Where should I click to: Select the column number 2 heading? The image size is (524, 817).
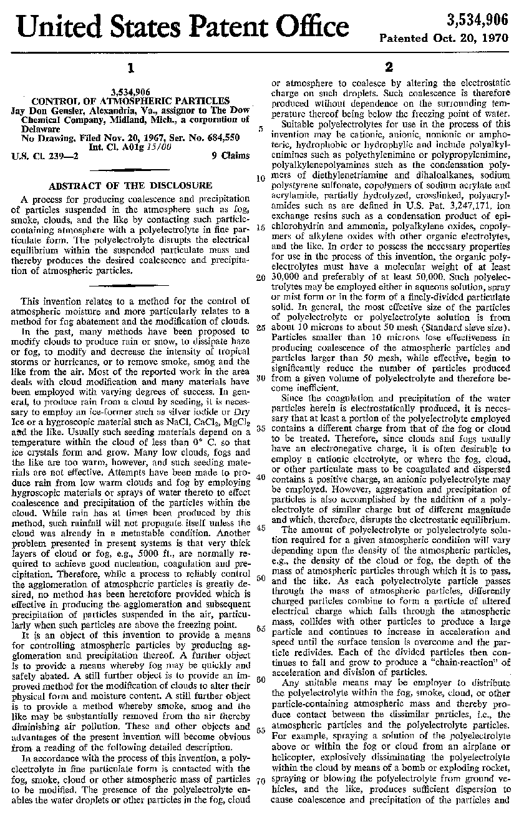click(x=388, y=67)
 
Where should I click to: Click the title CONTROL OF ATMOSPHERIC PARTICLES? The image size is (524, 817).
click(x=130, y=100)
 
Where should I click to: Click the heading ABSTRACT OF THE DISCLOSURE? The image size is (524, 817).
click(x=130, y=185)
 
